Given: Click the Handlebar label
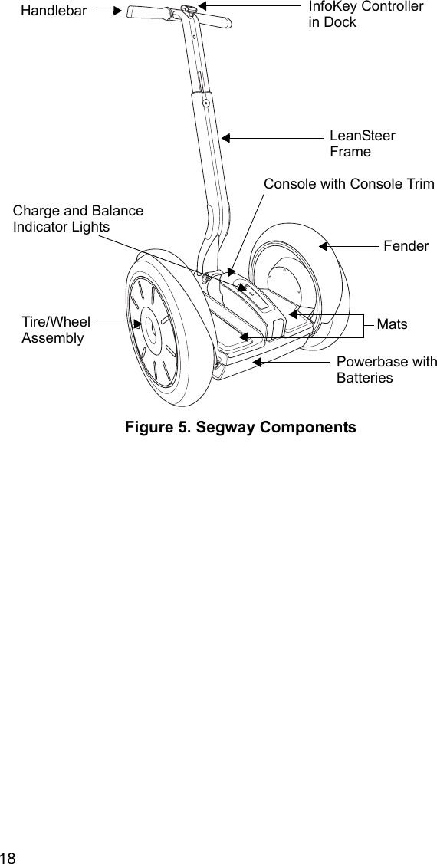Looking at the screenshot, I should (x=53, y=10).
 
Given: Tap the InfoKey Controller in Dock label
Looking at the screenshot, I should (x=365, y=14).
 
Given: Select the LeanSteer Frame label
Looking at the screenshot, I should (x=362, y=143).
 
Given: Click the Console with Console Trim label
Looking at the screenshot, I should (x=348, y=184).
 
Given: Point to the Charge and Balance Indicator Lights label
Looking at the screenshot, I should (x=77, y=218).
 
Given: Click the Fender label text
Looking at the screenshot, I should (x=406, y=246).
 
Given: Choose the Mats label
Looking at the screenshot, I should (x=392, y=324).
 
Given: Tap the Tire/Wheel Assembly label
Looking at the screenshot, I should (x=55, y=330).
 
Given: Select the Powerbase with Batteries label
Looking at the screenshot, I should (x=386, y=370).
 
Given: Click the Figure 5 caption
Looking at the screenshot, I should (x=240, y=427).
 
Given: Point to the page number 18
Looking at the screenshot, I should (x=8, y=856).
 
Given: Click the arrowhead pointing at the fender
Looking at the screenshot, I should (x=324, y=246).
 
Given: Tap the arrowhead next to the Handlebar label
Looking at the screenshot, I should (x=117, y=11).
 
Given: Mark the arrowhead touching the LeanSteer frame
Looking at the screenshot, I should (x=225, y=138).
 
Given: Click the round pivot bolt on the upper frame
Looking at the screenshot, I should (x=206, y=102).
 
